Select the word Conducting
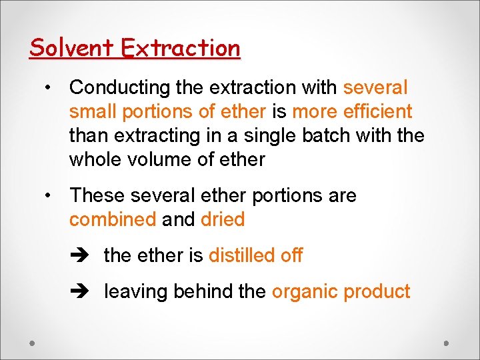pyautogui.click(x=115, y=87)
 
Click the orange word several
pyautogui.click(x=375, y=87)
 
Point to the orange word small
pyautogui.click(x=92, y=111)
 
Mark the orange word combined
pyautogui.click(x=113, y=219)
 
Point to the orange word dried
pyautogui.click(x=222, y=219)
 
